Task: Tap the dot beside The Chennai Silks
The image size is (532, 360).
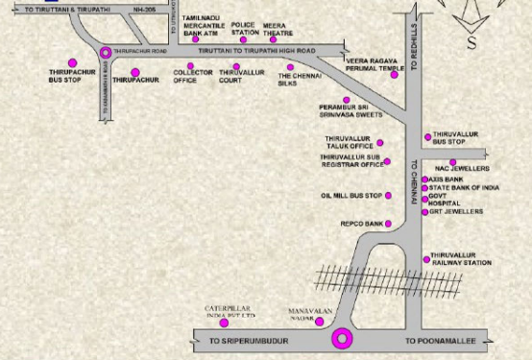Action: (290, 68)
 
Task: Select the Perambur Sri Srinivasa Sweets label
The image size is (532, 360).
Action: (351, 113)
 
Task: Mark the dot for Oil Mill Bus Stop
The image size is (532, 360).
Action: (389, 196)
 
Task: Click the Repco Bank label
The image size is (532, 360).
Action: (362, 224)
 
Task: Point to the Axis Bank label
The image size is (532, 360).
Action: (447, 179)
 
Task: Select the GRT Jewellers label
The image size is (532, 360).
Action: (455, 211)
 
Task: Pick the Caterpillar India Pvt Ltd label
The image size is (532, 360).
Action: (231, 312)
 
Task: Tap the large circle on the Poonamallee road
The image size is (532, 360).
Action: (341, 338)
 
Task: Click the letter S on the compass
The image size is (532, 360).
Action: (472, 43)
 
